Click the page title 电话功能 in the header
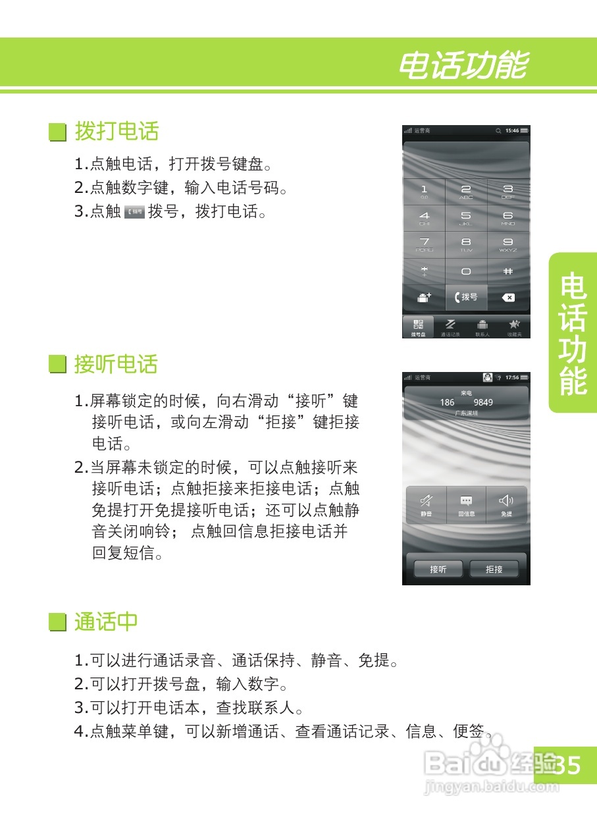[x=463, y=66]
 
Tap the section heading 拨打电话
[x=117, y=131]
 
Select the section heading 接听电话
[x=117, y=364]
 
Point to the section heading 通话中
[x=106, y=622]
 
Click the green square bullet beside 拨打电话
[x=59, y=132]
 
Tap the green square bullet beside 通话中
[x=59, y=622]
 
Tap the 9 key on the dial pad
[x=507, y=244]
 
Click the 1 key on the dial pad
[x=424, y=192]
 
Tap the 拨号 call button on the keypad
[x=466, y=298]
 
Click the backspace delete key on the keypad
[x=508, y=298]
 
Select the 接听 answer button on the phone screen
[x=438, y=569]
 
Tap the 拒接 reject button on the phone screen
[x=494, y=569]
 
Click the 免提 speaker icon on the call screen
[x=506, y=505]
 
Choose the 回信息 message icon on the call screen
[x=467, y=505]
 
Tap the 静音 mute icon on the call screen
[x=427, y=505]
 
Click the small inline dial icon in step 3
[x=134, y=212]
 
